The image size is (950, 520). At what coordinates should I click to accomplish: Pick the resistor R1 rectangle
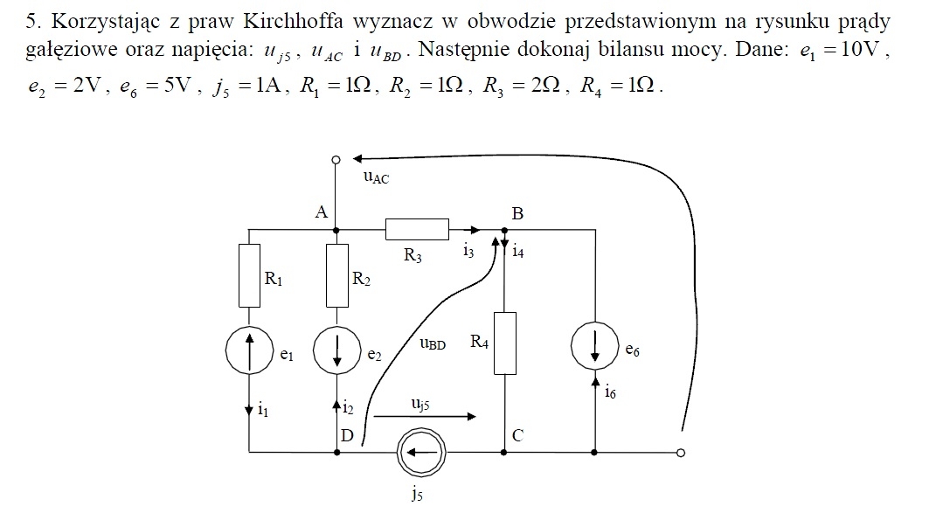(x=249, y=276)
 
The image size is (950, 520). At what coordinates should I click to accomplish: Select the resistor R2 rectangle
(x=336, y=276)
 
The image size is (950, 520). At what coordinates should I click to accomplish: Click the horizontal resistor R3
(x=418, y=230)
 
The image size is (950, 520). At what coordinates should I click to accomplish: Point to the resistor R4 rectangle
(x=504, y=343)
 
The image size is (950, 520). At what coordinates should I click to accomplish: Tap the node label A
(x=321, y=211)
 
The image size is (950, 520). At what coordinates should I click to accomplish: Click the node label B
(x=517, y=213)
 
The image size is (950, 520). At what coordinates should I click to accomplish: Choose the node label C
(x=517, y=435)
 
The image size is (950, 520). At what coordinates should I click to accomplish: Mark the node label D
(x=347, y=435)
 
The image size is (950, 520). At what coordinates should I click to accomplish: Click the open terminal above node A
(x=336, y=159)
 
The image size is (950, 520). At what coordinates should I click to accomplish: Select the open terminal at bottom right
(x=681, y=453)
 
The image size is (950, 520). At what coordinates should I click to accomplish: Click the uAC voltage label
(x=376, y=177)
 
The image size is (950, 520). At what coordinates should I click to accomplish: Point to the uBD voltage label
(x=433, y=343)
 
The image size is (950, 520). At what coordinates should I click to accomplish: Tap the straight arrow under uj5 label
(x=425, y=416)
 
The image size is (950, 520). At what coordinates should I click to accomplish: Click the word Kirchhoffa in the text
(x=294, y=21)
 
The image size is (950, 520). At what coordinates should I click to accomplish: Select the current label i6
(x=610, y=392)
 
